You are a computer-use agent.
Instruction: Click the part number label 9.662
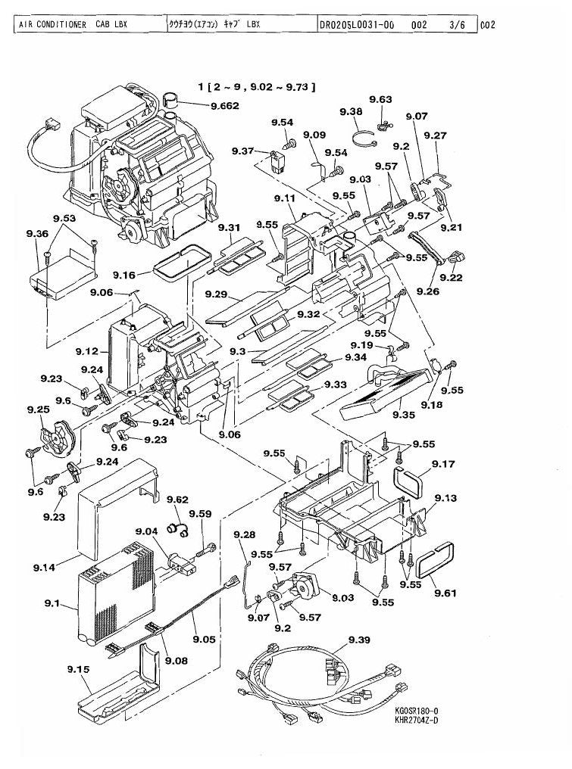[x=224, y=105]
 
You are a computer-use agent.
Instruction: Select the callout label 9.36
[x=37, y=233]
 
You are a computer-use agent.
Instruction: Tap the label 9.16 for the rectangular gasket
[x=123, y=275]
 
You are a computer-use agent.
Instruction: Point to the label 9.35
[x=404, y=415]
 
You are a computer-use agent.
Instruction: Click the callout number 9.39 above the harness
[x=359, y=640]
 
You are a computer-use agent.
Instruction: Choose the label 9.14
[x=44, y=568]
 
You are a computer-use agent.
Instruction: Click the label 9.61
[x=445, y=593]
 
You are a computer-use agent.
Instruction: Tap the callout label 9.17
[x=443, y=463]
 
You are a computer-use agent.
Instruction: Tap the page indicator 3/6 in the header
[x=457, y=24]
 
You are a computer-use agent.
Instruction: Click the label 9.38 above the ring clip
[x=351, y=111]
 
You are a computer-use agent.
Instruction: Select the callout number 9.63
[x=380, y=100]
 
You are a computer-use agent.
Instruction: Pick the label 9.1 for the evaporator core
[x=52, y=602]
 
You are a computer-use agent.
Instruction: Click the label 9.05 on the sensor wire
[x=205, y=639]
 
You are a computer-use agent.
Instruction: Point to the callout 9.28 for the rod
[x=244, y=534]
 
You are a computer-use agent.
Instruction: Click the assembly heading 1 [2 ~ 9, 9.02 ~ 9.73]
[x=256, y=87]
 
